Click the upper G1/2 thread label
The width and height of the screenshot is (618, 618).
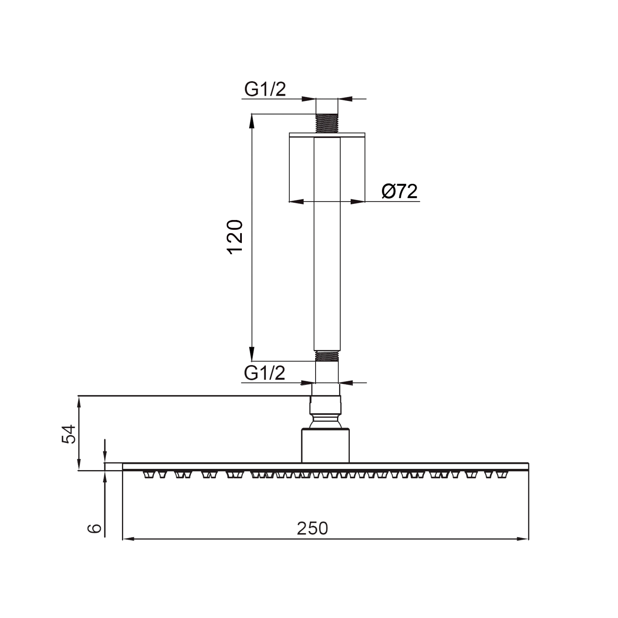(x=265, y=89)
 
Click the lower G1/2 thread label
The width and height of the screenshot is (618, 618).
(x=265, y=373)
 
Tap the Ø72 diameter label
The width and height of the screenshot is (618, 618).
(x=399, y=192)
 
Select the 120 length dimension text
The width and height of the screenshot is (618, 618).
(x=235, y=237)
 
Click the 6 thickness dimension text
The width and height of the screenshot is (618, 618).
(x=95, y=528)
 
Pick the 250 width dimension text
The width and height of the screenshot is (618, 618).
(x=312, y=528)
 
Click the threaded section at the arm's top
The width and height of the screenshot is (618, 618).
(x=327, y=123)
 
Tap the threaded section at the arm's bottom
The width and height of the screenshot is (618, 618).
(x=327, y=356)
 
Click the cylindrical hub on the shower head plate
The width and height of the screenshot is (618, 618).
(x=325, y=445)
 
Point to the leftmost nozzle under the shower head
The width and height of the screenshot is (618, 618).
(x=147, y=475)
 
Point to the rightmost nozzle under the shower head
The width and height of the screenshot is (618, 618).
(x=501, y=475)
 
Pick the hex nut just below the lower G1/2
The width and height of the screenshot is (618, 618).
(x=325, y=405)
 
